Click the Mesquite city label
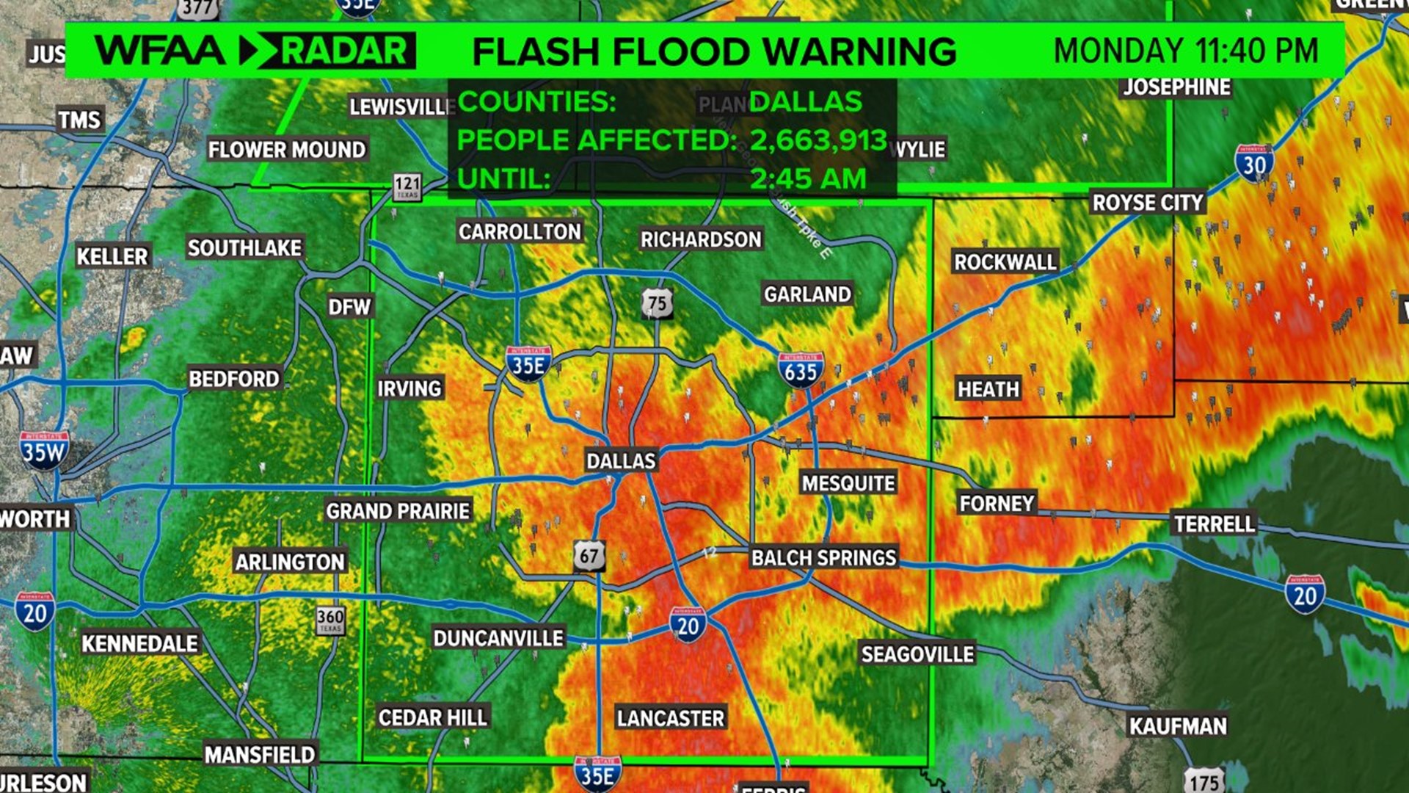click(x=848, y=483)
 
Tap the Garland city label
click(x=807, y=294)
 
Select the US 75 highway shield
click(x=657, y=303)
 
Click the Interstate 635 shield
click(x=801, y=370)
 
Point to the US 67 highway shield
click(x=589, y=556)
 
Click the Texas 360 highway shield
click(x=330, y=620)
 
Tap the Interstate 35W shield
click(x=44, y=450)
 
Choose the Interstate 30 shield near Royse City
click(x=1254, y=163)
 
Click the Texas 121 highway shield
click(x=407, y=187)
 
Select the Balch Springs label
click(x=823, y=558)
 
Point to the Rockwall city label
click(x=1005, y=262)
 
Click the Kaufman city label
click(x=1178, y=726)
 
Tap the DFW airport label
click(x=349, y=307)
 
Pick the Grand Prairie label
click(x=398, y=511)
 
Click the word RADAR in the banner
click(x=344, y=51)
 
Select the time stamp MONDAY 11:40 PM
click(x=1186, y=51)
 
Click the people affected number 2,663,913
click(x=818, y=140)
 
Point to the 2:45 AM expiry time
click(x=808, y=178)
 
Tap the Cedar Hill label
click(x=432, y=717)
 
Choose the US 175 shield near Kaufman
click(x=1204, y=781)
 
